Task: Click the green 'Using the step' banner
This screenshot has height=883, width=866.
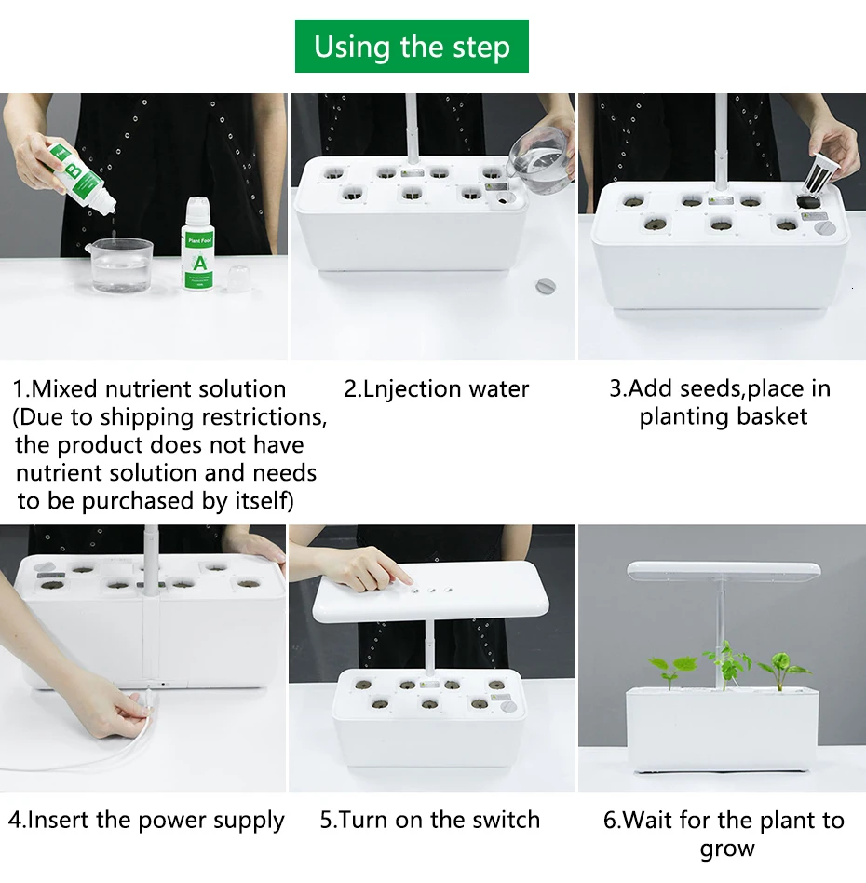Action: point(412,47)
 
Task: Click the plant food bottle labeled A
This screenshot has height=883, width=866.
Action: point(198,244)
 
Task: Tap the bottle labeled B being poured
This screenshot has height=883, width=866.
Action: point(80,177)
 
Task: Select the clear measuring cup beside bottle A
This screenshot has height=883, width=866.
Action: point(120,265)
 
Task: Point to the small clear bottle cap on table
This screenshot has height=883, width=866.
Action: point(238,278)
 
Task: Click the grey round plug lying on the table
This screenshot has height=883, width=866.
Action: point(545,286)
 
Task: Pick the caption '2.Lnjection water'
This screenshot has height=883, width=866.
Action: point(437,389)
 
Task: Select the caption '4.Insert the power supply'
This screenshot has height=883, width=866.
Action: point(146,821)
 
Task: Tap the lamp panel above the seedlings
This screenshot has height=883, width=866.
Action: point(724,570)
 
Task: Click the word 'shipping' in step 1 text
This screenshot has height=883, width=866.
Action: point(147,418)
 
